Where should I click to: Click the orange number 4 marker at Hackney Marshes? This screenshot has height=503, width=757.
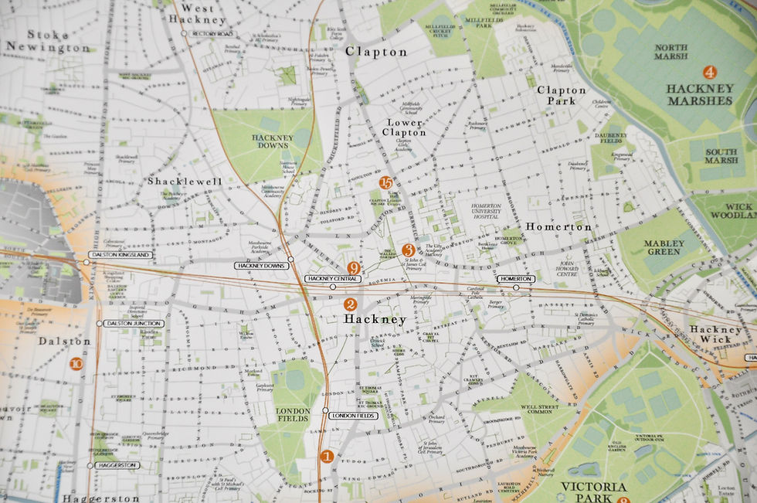pos(709,72)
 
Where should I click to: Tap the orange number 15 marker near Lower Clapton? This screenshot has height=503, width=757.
pos(387,183)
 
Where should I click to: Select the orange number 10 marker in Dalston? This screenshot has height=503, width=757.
pos(76,364)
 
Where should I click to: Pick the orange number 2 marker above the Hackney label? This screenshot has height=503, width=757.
pos(350,305)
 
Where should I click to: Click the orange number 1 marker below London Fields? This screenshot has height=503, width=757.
pos(327,457)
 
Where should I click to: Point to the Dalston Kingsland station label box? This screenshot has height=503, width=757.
pos(121,254)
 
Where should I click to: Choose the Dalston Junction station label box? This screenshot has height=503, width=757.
pos(133,323)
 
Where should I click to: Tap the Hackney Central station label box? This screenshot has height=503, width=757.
pos(334,278)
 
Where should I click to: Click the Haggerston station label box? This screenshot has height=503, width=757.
pos(117,465)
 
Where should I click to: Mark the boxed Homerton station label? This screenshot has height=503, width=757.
pos(516,278)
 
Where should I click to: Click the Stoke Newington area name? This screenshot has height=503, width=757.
pos(46,41)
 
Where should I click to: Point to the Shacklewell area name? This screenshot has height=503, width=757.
pos(185,182)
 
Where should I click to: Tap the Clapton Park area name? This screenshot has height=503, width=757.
pos(562,95)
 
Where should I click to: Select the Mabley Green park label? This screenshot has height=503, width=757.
pos(664,247)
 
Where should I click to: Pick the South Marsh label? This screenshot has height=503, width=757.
pos(721,156)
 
